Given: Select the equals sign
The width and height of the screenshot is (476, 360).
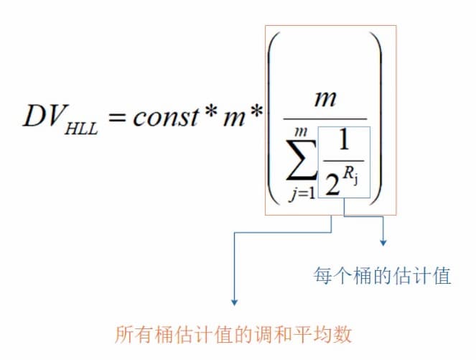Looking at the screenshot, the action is coord(117,117).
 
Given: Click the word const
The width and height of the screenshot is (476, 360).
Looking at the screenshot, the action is coord(166,116).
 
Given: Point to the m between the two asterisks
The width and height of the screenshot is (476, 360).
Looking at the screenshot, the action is coord(234,119).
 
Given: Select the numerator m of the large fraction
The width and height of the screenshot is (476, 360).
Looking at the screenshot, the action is coord(325,99).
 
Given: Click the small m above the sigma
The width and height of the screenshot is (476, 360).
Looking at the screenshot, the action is coord(301,132).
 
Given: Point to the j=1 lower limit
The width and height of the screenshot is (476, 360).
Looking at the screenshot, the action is coord(302,193).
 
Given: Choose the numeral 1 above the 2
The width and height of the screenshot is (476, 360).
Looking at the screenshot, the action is coord(343,140).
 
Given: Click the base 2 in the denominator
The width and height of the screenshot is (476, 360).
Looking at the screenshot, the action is coord(333,185).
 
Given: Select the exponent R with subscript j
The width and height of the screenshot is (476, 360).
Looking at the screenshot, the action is coord(351,175).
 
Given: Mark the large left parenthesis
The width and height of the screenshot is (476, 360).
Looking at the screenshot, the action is coord(274,119).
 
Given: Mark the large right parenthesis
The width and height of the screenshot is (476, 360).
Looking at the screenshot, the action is coord(375,119).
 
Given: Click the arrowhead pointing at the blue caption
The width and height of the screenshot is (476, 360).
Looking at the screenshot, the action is coord(383,243).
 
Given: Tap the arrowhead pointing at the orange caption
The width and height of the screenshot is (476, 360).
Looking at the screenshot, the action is coord(234,303).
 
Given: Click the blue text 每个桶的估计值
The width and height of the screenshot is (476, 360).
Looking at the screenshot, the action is coord(382,276).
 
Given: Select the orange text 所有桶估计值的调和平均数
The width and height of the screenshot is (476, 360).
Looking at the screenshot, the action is coord(233,334).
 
